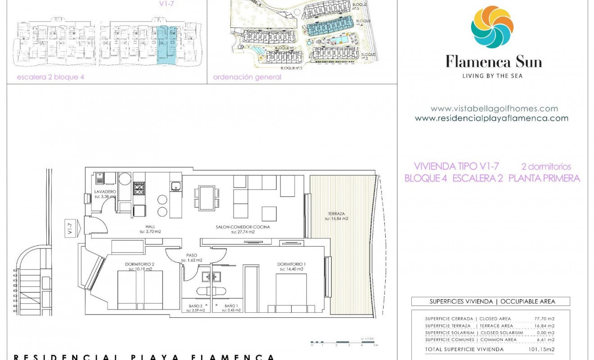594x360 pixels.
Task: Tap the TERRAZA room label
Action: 337,214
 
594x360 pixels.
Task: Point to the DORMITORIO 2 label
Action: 140,264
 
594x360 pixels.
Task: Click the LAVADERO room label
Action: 105,192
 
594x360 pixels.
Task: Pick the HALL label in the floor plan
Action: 150,227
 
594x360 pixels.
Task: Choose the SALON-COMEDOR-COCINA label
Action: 243,227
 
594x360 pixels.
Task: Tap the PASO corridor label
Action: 192,255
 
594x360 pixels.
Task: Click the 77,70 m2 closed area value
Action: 544,319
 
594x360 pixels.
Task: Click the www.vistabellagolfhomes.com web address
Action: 494,108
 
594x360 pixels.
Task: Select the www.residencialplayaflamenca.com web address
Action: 491,118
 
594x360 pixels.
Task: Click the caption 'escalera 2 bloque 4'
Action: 50,77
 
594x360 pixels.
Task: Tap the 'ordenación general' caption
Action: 247,77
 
